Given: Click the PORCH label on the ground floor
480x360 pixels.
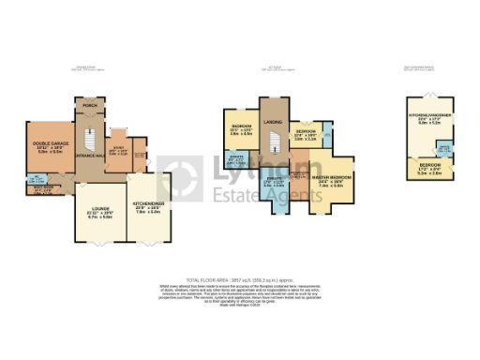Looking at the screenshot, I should tap(90, 106).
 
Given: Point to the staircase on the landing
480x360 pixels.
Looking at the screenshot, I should tap(275, 143).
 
